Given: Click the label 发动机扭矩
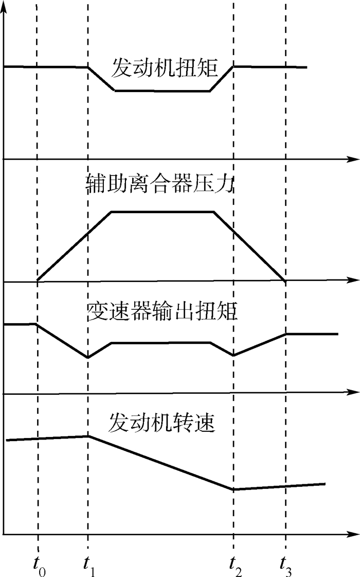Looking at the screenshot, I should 159,68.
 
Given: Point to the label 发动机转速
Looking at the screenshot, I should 161,424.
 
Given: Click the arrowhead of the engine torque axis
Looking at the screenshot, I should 355,160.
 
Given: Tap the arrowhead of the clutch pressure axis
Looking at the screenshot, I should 355,281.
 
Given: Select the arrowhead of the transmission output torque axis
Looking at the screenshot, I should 355,394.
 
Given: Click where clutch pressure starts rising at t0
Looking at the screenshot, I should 38,281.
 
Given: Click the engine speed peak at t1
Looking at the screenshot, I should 88,436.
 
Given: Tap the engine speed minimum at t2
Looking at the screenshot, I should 233,489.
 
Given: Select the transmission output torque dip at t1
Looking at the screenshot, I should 88,357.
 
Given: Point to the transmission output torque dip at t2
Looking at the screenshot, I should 233,355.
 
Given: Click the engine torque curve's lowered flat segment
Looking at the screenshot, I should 162,91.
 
